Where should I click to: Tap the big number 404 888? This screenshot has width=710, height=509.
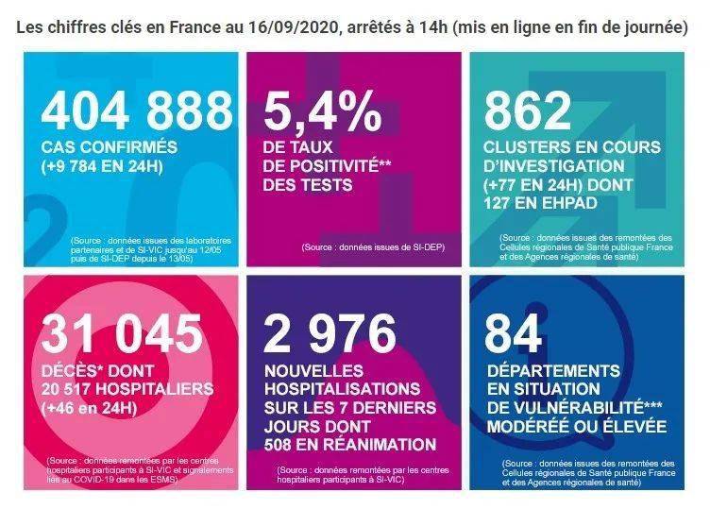pos(136,111)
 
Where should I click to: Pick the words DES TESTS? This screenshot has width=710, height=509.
pos(308,185)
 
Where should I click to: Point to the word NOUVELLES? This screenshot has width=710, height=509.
pos(309,371)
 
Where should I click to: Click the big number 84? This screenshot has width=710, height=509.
pos(512,333)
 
